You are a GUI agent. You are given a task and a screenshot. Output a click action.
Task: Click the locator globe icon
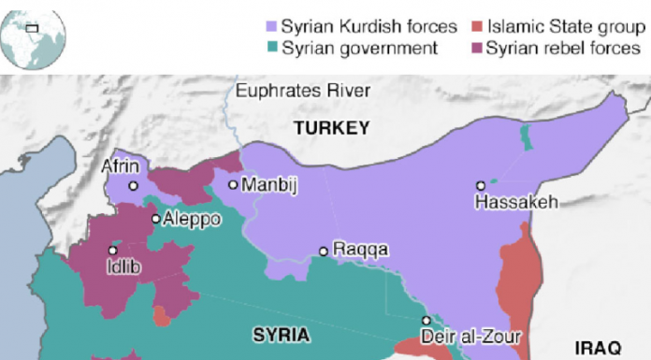click(33, 35)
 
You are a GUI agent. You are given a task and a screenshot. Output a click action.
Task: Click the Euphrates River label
click(303, 91)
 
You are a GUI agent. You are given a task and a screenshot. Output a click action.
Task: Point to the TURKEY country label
click(331, 128)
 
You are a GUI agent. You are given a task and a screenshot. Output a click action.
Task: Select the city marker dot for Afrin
click(133, 186)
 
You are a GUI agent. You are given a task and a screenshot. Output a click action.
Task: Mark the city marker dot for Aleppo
click(155, 219)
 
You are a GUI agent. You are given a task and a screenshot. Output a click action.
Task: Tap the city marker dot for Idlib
click(113, 250)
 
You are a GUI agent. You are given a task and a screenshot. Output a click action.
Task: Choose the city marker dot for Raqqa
click(324, 251)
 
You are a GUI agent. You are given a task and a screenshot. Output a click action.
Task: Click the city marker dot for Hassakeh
click(481, 185)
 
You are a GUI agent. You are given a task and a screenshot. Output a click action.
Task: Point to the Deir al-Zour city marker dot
click(427, 321)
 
